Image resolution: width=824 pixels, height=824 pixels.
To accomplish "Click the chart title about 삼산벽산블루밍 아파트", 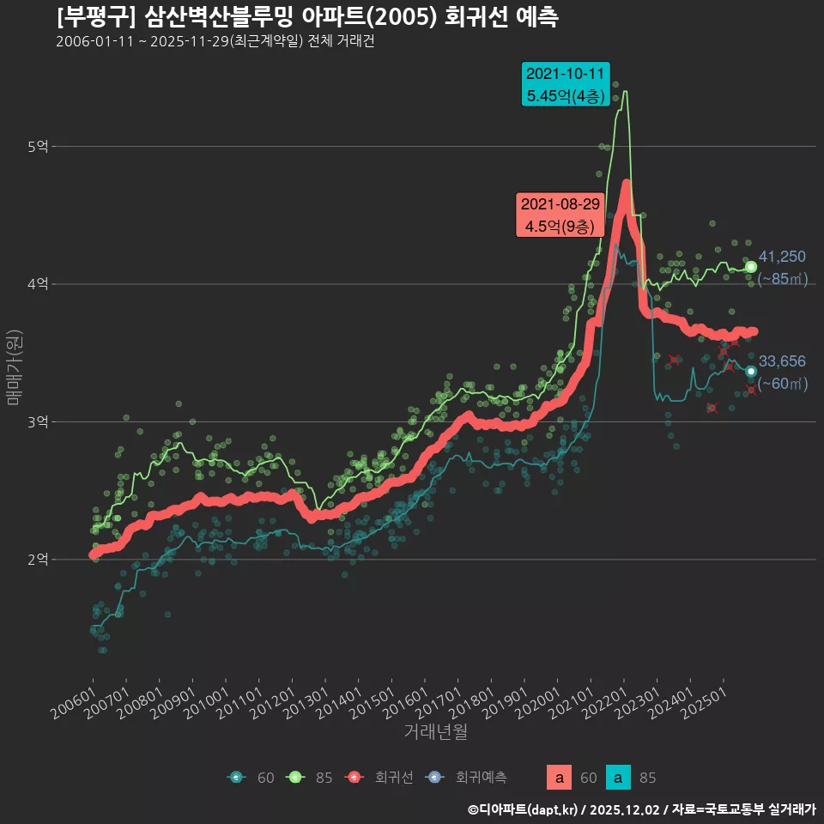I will coord(307,17).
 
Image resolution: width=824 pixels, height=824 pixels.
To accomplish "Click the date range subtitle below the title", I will coord(215,42).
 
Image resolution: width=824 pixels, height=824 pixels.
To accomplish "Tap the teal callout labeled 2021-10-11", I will coord(566,84).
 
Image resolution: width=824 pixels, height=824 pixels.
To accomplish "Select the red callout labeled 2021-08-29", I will coord(559,215).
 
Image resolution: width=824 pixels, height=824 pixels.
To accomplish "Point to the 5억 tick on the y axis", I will coord(38,147).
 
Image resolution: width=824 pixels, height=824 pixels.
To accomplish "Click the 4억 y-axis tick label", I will coord(38,284).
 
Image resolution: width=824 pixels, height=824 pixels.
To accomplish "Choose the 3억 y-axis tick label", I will coord(38,422).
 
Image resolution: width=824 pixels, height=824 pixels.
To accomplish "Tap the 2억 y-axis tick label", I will coord(38,560).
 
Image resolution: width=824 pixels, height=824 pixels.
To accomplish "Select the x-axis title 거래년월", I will coord(436,732).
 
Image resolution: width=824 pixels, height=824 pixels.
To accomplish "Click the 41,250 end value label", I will coord(782,257).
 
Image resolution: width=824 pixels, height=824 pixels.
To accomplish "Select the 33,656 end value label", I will coord(782,361).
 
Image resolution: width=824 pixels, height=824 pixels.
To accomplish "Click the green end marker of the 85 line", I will coord(751,267).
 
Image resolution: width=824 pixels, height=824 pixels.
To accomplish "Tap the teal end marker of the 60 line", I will coord(751,372).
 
